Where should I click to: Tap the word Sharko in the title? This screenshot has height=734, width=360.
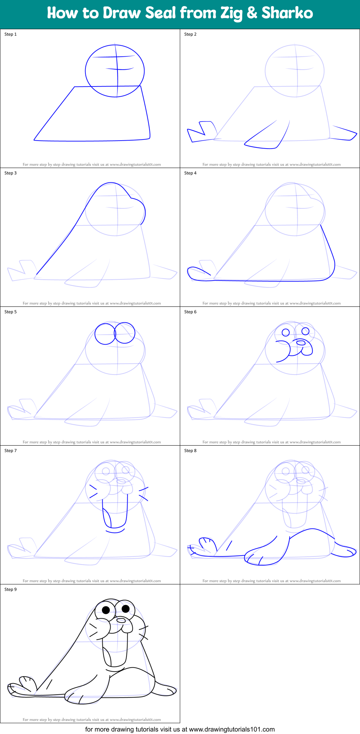287,13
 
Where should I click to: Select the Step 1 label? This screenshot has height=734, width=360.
10,34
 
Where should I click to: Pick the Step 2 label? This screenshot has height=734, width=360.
190,34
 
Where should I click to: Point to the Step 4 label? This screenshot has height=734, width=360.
190,173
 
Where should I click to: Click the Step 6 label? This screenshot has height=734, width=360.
190,312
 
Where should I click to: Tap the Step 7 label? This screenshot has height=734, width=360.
10,451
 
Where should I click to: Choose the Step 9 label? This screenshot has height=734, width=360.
10,589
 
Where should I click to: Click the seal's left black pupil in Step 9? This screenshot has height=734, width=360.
106,610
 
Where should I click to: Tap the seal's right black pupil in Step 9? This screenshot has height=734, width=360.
125,609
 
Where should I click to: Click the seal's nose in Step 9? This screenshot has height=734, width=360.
121,620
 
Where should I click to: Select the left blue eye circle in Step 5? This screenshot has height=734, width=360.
105,333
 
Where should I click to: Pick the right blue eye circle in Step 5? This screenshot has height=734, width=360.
125,333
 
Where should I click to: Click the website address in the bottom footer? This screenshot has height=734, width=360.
232,729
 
